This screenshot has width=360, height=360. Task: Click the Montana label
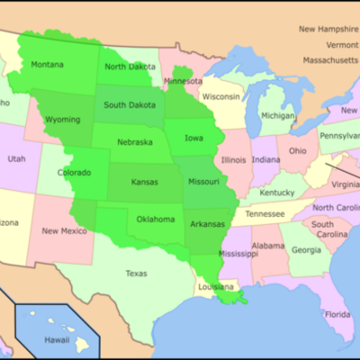coord(47,65)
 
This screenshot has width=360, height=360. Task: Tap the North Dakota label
coord(130,67)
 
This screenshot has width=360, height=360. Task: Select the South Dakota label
coord(130,104)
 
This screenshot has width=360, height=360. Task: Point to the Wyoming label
coord(62,119)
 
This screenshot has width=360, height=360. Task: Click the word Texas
coord(136,273)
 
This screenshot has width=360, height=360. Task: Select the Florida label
coord(337,314)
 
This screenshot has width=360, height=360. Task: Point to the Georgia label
coord(305,250)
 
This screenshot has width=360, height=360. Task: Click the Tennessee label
coord(265,214)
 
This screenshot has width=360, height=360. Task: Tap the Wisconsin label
coord(220,96)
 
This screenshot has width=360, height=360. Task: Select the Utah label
coord(17,158)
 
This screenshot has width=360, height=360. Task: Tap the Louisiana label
coord(215,288)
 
